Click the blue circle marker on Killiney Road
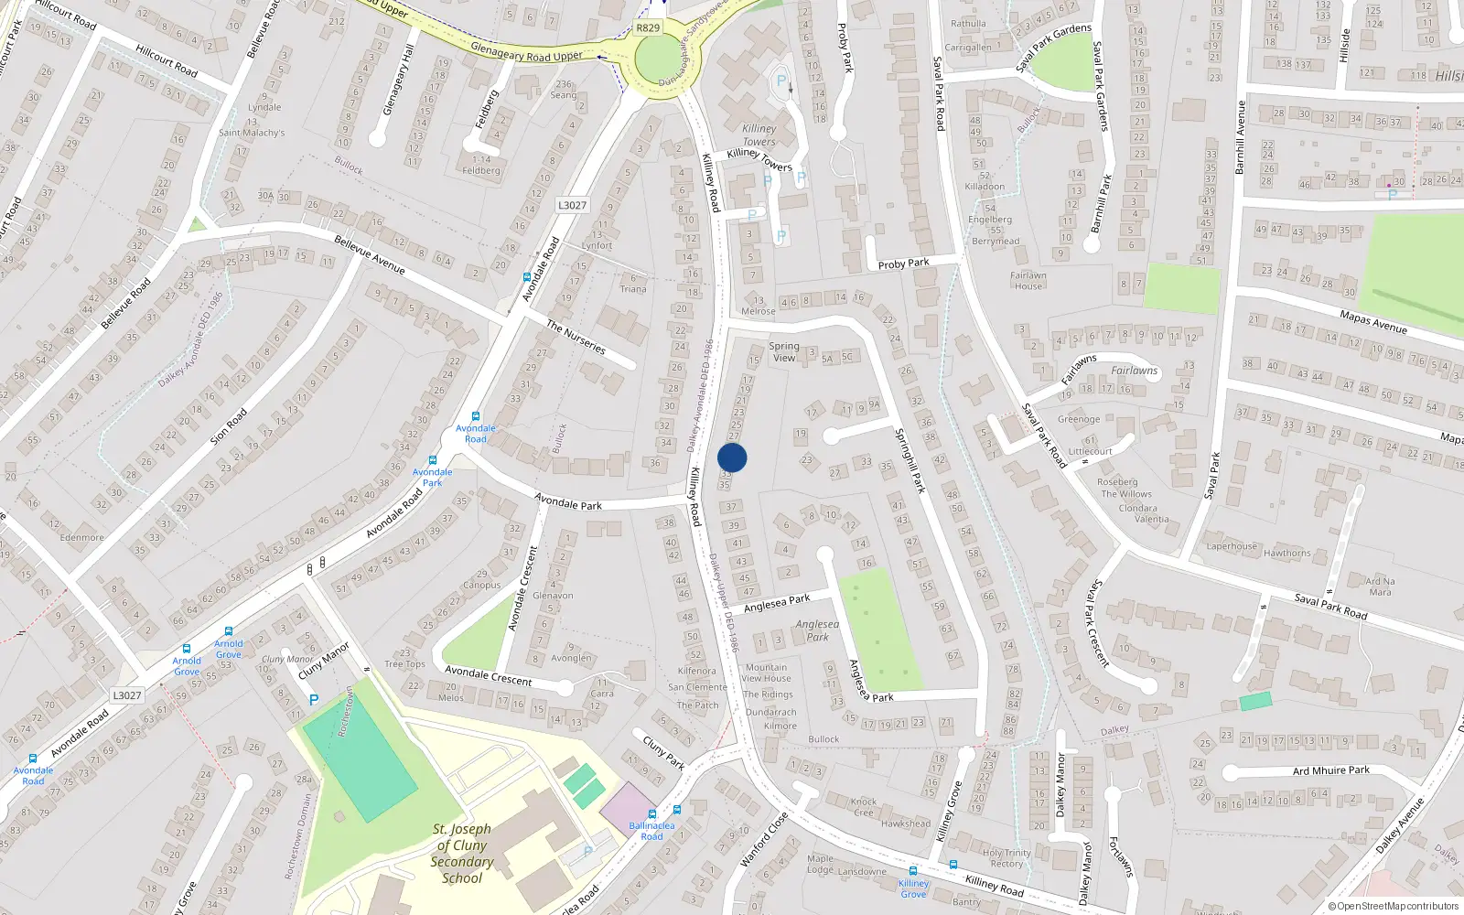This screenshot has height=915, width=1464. [x=732, y=457]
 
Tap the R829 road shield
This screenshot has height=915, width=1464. [x=648, y=27]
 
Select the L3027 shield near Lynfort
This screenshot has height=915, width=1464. [x=572, y=205]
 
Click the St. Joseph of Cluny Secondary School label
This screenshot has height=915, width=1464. [x=462, y=853]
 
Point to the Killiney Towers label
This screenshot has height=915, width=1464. [x=759, y=135]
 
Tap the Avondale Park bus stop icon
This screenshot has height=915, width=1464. [x=433, y=461]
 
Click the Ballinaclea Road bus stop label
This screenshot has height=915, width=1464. [x=651, y=831]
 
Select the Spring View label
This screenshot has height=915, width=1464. [x=784, y=351]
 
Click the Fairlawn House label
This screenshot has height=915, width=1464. [x=1028, y=280]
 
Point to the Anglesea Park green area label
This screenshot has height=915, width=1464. [x=817, y=630]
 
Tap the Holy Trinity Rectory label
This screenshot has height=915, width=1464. [x=1006, y=858]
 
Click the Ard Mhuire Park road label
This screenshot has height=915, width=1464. [x=1330, y=770]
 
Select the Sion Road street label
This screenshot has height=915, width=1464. [x=229, y=426]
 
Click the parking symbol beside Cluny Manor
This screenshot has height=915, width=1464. [x=314, y=700]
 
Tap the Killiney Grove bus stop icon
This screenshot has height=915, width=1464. [x=913, y=870]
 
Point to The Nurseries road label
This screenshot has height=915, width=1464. [x=576, y=336]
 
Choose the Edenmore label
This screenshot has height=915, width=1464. [x=82, y=537]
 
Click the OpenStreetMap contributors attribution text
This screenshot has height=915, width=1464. [x=1393, y=906]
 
